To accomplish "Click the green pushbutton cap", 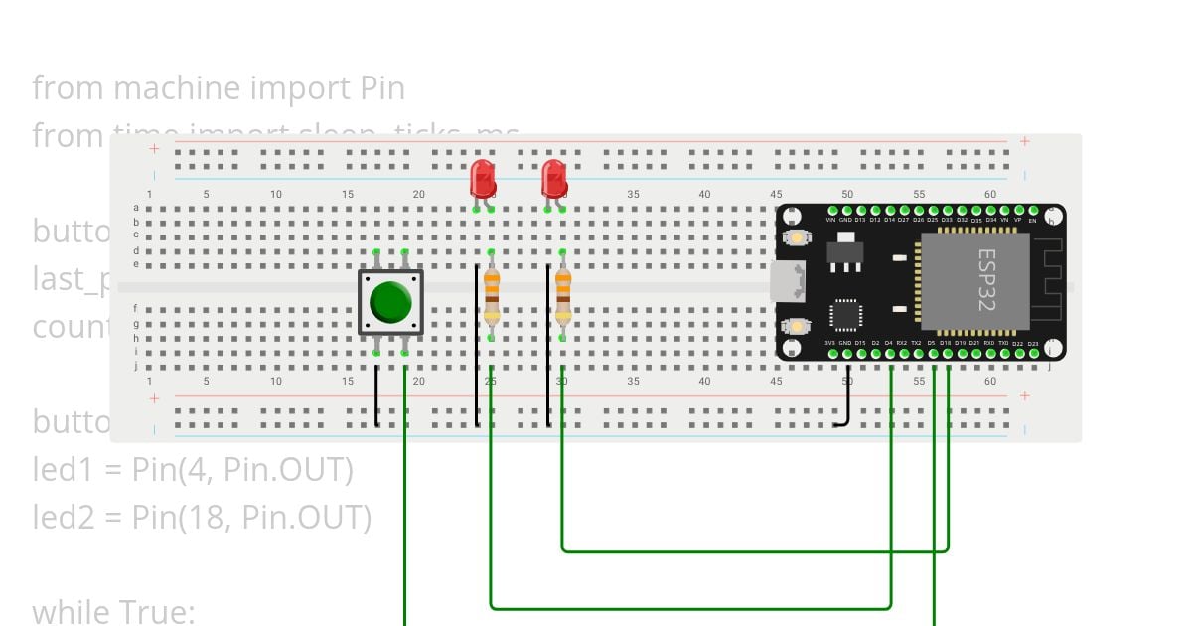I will (x=390, y=302).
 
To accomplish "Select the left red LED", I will (x=483, y=180).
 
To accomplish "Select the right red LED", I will (x=554, y=180).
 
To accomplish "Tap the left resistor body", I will (x=491, y=298).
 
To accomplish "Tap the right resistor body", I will (x=563, y=298).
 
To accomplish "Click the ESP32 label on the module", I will (x=985, y=280).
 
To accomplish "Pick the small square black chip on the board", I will (x=845, y=315).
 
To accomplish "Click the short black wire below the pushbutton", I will (x=376, y=395).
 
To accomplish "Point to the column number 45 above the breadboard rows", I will (x=776, y=194).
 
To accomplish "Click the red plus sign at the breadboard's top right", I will (x=1024, y=141).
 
